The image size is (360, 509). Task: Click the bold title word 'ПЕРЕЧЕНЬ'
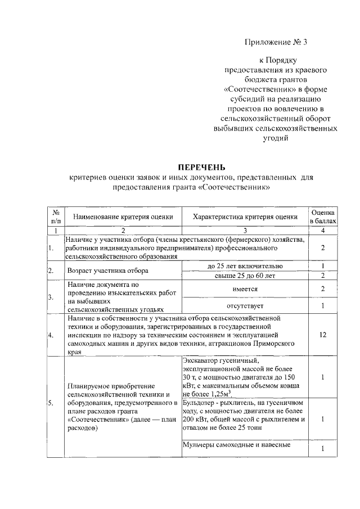coord(201,167)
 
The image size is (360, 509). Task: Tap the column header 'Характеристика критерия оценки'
coord(245,217)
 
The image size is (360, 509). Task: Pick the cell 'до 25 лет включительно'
coord(245,266)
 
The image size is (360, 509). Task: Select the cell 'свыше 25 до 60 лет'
coord(245,276)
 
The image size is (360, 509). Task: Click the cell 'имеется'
coord(245,289)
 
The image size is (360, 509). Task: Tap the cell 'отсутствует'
coord(245,306)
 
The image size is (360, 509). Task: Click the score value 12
coord(323,335)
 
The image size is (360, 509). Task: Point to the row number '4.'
coord(51,335)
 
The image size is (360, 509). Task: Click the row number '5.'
coord(51,403)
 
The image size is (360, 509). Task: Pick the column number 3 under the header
coord(245,231)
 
